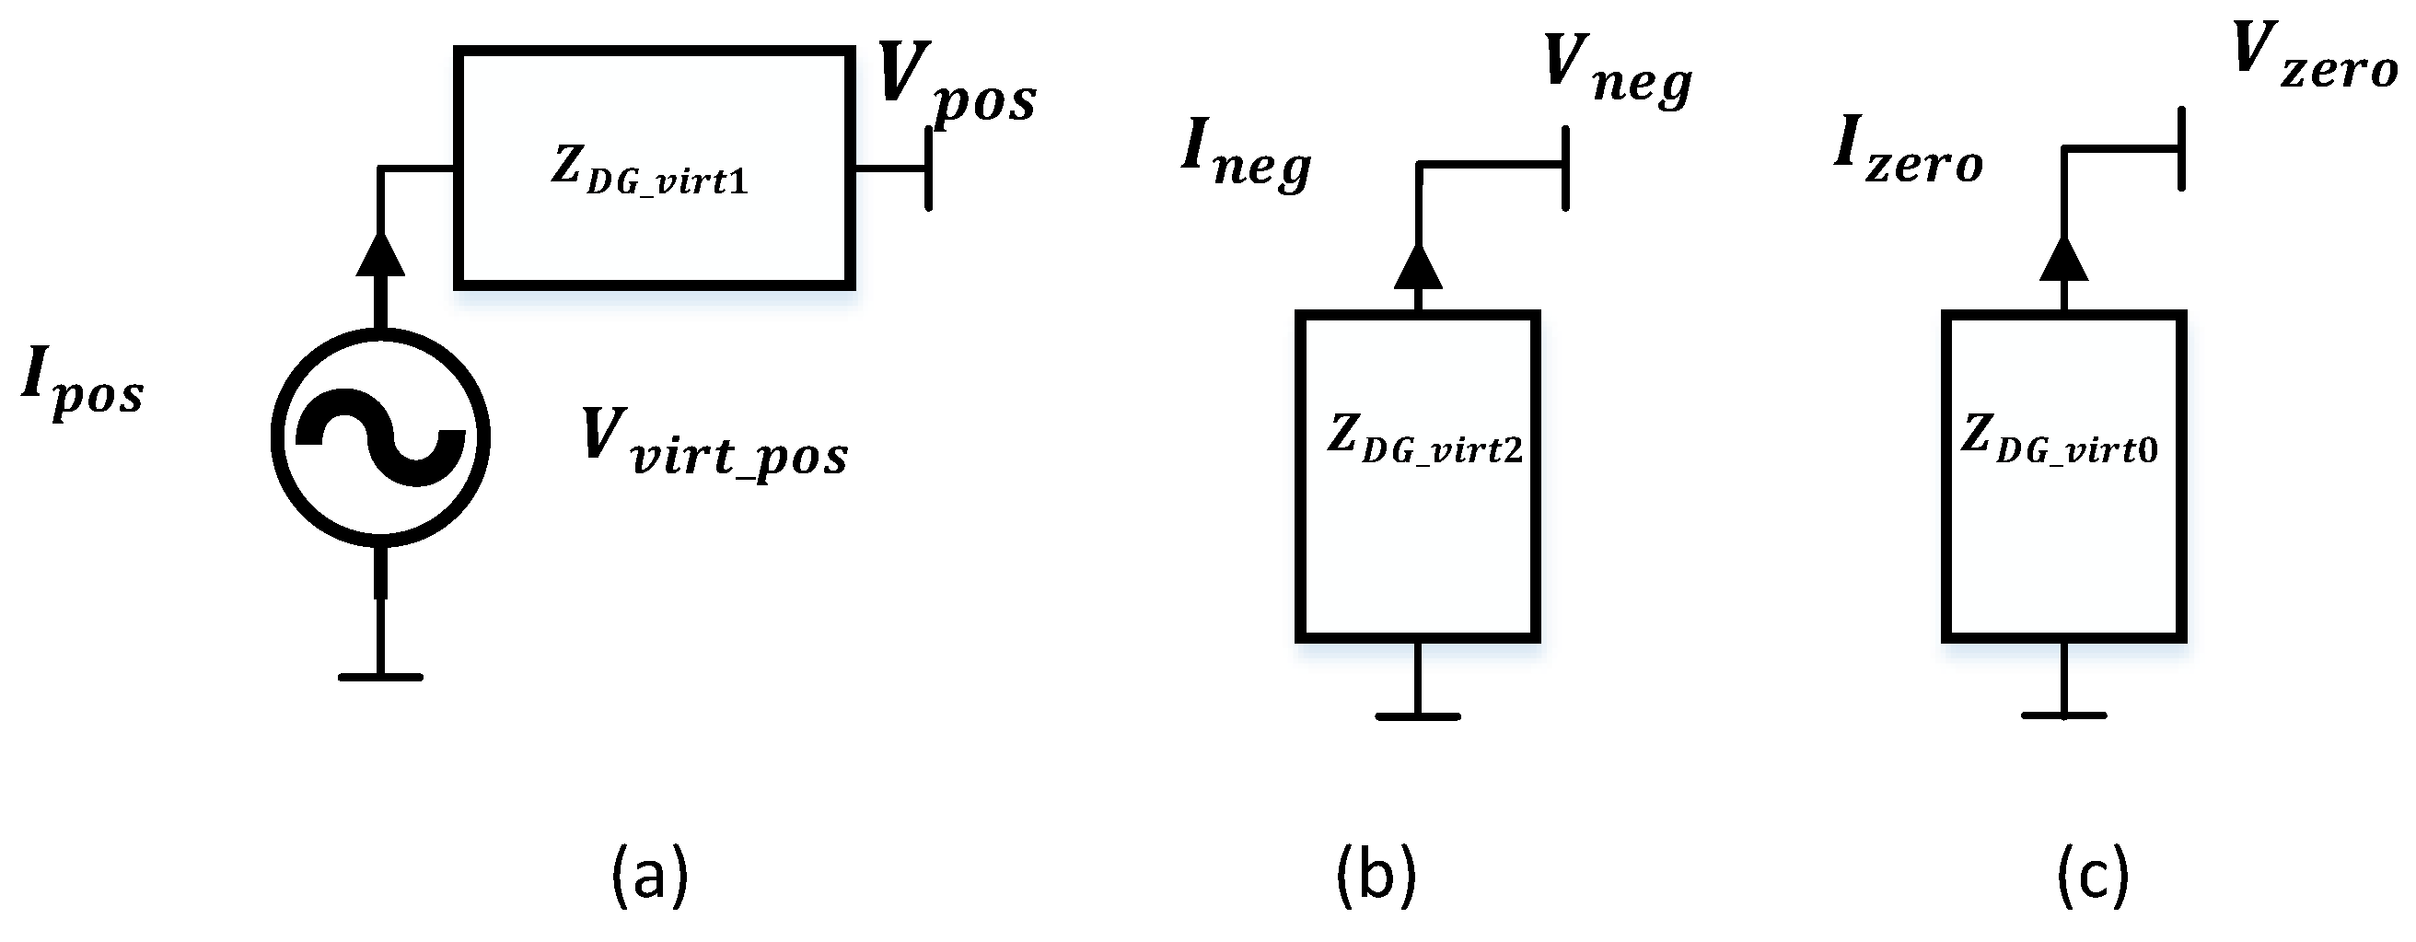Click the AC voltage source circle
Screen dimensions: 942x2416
(x=380, y=437)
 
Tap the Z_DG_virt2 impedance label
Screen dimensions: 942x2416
(x=1423, y=441)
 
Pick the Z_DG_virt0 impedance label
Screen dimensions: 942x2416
(x=2060, y=441)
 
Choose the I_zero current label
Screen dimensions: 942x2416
(x=1908, y=155)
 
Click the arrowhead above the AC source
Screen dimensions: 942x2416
(x=381, y=255)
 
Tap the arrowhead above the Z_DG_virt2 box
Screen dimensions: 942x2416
(x=1418, y=267)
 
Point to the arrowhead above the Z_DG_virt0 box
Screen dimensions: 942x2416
(x=2063, y=260)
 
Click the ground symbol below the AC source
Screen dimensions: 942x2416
(x=380, y=676)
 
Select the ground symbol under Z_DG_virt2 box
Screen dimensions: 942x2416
(x=1417, y=715)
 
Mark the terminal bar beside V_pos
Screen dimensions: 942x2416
(x=928, y=169)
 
